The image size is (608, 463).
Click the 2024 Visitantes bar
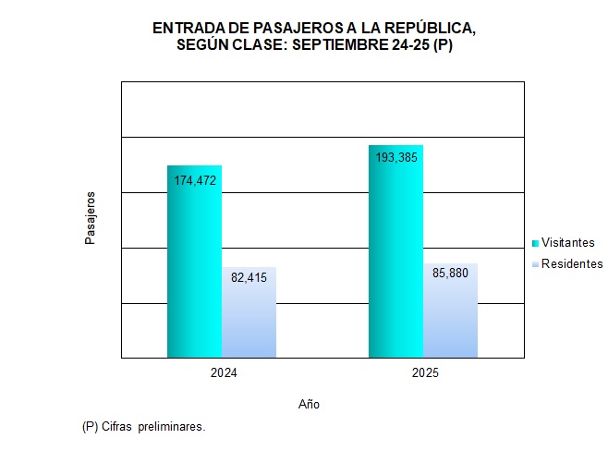(x=194, y=268)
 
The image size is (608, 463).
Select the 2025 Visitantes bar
(x=395, y=259)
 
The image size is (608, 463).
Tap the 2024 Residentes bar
(x=249, y=319)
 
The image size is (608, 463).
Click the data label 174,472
(x=195, y=180)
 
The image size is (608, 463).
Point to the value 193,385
(x=396, y=158)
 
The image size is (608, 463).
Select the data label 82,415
(x=249, y=276)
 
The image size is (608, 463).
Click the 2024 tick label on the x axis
(x=222, y=373)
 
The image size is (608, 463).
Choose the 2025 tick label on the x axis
(x=424, y=373)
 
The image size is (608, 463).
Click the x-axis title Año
(x=310, y=405)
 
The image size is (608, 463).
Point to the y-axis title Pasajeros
(x=90, y=218)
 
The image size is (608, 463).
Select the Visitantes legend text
(x=567, y=243)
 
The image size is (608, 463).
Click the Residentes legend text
(x=571, y=264)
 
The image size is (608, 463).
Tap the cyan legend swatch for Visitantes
(x=535, y=243)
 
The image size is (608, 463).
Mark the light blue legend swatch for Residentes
(x=535, y=265)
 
